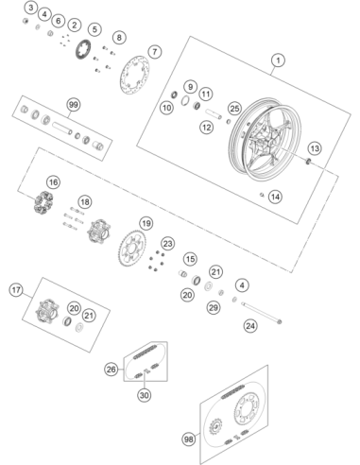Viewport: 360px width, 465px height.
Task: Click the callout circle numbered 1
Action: pyautogui.click(x=278, y=60)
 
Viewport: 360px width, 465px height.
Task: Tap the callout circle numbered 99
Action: pyautogui.click(x=74, y=105)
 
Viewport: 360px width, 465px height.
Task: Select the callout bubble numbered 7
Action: pyautogui.click(x=155, y=52)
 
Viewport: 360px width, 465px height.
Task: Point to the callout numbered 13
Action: pyautogui.click(x=315, y=148)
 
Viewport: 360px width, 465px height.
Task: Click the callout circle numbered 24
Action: pyautogui.click(x=250, y=326)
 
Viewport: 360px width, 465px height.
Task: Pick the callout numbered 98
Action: pyautogui.click(x=189, y=439)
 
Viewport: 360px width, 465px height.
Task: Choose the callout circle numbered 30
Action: pyautogui.click(x=145, y=395)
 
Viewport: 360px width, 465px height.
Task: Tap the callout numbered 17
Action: pyautogui.click(x=16, y=290)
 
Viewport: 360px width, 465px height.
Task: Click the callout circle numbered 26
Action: pyautogui.click(x=111, y=370)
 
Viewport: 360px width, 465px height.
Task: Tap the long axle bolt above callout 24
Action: pyautogui.click(x=262, y=313)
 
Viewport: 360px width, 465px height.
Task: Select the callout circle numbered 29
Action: pyautogui.click(x=214, y=307)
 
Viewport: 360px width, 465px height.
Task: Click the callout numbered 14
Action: pyautogui.click(x=275, y=197)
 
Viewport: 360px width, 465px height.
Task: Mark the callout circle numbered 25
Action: pyautogui.click(x=234, y=109)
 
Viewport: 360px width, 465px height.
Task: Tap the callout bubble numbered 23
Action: pyautogui.click(x=168, y=244)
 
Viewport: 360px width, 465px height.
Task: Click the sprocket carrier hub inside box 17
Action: pyautogui.click(x=47, y=310)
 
